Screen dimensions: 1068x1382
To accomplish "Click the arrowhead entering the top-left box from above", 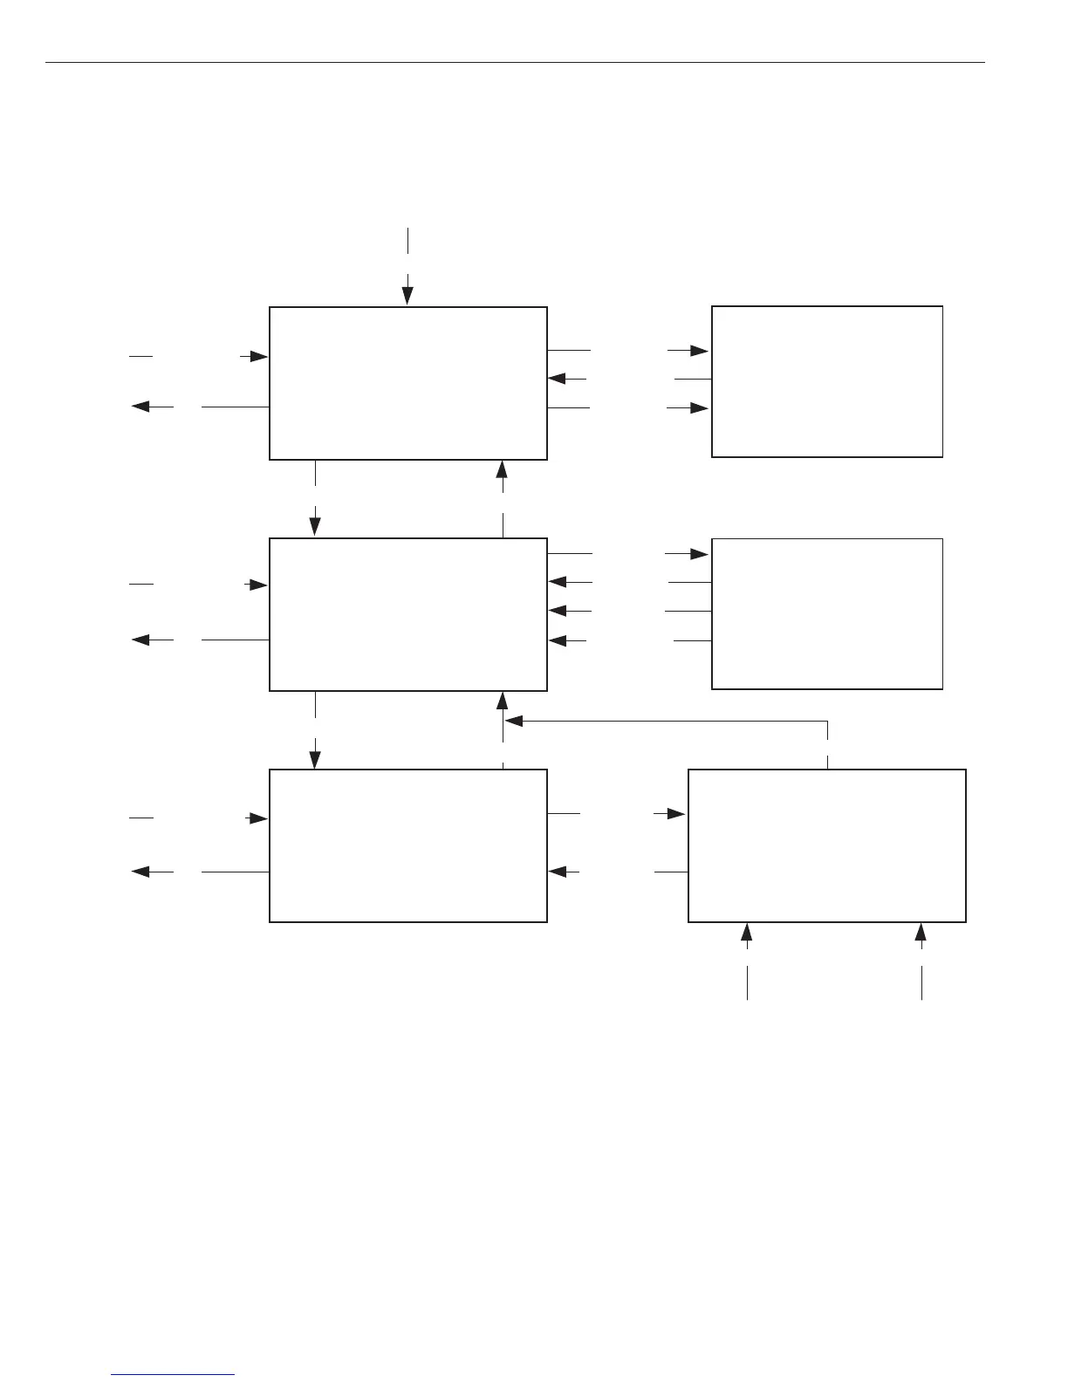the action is tap(407, 298).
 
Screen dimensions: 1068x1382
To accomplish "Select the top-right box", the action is tap(826, 381).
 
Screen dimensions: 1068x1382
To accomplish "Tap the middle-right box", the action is tap(826, 613).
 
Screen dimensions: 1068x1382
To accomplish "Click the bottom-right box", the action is tap(826, 845).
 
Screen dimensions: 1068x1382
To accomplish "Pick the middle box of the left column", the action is tap(407, 613).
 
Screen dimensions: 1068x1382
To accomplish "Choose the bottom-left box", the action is tap(407, 845).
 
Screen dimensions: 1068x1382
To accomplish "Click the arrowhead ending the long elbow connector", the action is tap(514, 722).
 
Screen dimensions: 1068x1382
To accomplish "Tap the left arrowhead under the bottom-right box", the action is tap(747, 933).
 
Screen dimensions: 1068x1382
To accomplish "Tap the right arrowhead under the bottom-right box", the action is tap(921, 933).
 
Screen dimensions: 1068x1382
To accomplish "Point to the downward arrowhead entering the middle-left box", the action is tap(315, 527).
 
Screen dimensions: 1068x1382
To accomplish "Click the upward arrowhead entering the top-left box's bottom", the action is tap(503, 469).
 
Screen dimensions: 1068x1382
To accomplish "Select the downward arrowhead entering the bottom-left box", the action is tap(315, 759).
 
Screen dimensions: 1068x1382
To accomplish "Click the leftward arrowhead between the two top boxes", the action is tap(558, 379).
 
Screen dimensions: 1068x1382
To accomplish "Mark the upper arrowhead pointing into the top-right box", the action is tap(699, 351).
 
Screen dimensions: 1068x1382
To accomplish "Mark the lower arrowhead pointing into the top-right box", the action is tap(699, 408).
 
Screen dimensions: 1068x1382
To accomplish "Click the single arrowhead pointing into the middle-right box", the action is tap(698, 554).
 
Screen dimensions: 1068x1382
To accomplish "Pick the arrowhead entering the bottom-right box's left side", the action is tap(676, 814).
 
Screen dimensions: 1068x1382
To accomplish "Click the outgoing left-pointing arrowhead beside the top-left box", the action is tap(140, 407).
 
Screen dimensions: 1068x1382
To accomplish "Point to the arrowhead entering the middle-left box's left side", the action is tap(258, 585).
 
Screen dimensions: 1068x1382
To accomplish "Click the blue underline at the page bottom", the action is tap(173, 1375).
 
